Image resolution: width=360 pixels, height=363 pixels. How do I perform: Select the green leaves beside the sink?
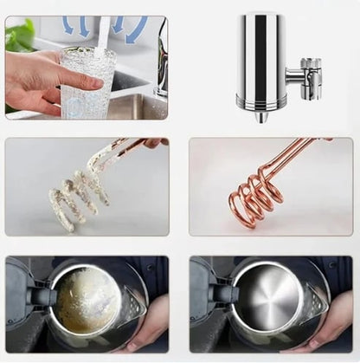coord(19,36)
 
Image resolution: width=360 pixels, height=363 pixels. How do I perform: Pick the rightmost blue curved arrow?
coord(137,31)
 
